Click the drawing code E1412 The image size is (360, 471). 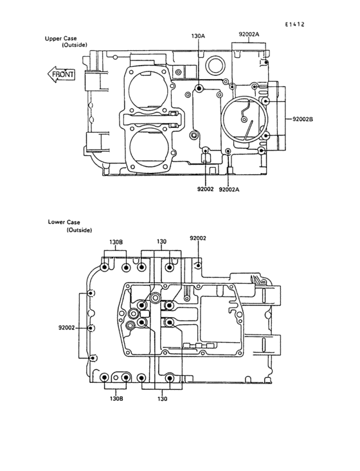pos(294,24)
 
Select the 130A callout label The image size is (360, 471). pos(198,36)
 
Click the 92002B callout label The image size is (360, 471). pos(303,119)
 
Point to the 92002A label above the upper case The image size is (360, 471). pos(249,34)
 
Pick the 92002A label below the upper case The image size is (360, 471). pos(230,190)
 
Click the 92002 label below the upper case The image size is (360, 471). pos(206,189)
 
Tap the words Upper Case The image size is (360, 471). pos(60,39)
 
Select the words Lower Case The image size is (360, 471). pos(64,222)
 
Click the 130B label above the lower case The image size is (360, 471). pos(116,242)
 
